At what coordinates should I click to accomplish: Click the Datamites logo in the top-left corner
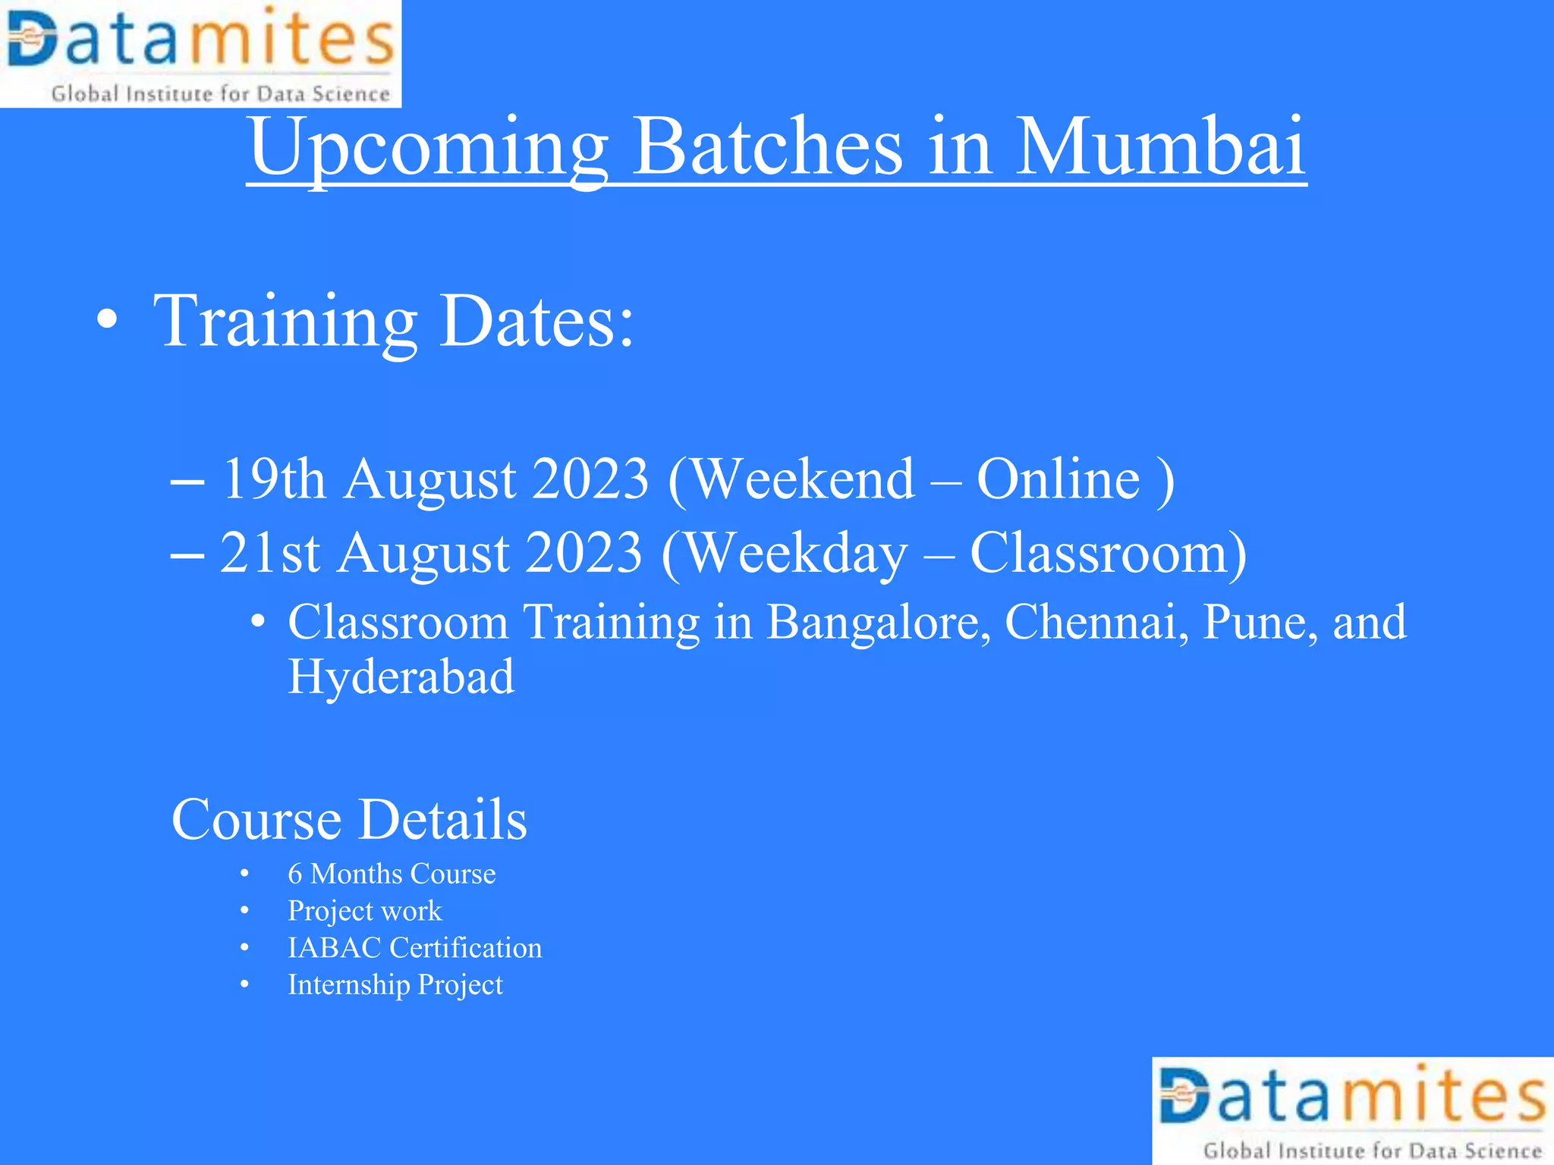pos(200,53)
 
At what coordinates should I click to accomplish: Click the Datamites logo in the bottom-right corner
pos(1352,1110)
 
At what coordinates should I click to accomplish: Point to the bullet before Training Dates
pos(108,320)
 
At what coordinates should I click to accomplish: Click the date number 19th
pos(273,479)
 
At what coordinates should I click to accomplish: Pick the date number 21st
pos(269,553)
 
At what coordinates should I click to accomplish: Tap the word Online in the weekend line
pos(1058,479)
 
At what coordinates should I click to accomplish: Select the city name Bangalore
pos(878,623)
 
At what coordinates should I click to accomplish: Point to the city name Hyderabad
pos(401,677)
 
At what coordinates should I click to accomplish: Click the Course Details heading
pos(349,820)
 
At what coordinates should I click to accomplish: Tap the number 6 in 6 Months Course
pos(295,874)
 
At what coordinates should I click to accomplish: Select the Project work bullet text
pos(364,911)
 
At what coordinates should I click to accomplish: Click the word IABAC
pos(334,948)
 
